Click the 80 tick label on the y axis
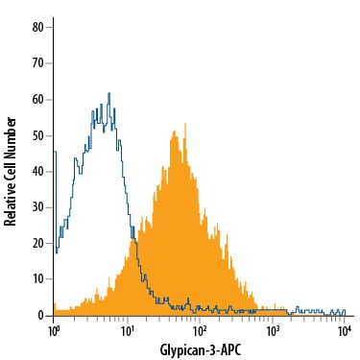coord(37,27)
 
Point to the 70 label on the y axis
coord(37,63)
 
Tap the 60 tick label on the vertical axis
coord(37,100)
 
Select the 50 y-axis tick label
coord(37,135)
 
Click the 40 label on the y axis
coord(37,172)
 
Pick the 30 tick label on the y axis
coord(37,207)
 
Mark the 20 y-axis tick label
coord(37,243)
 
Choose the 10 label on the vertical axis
coord(37,279)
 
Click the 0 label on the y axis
coord(40,316)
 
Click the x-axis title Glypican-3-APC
coord(201,350)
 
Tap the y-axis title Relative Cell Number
coord(11,172)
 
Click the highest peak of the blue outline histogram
coord(109,93)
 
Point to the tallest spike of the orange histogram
coord(185,124)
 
